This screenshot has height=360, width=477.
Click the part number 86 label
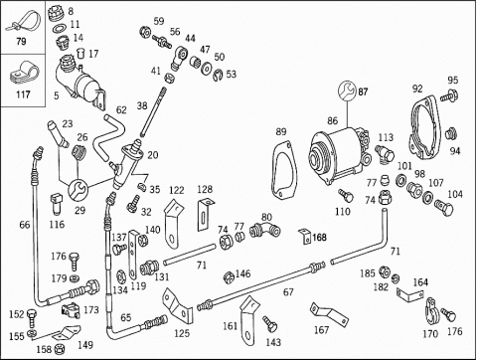tap(332, 120)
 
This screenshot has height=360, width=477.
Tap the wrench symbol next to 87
tap(347, 90)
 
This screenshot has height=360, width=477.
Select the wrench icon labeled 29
tap(78, 189)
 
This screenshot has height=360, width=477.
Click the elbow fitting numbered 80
tap(264, 230)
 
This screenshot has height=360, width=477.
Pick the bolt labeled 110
tap(345, 196)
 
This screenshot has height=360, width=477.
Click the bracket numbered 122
tap(174, 223)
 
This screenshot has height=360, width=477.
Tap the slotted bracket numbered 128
tap(205, 214)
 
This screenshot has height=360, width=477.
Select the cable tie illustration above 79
tap(23, 22)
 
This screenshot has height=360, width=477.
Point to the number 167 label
tap(321, 330)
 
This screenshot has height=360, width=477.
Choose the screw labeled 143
tap(270, 324)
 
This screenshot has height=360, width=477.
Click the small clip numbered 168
tap(305, 236)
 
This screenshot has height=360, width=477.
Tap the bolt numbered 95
tap(449, 95)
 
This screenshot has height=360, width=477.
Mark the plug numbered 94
tap(451, 133)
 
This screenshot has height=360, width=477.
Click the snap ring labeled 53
tap(217, 76)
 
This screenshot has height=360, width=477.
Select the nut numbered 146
tap(229, 277)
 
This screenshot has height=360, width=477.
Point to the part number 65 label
tap(125, 317)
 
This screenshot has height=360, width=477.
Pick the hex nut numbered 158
tap(60, 349)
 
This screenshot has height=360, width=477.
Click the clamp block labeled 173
tap(71, 310)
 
